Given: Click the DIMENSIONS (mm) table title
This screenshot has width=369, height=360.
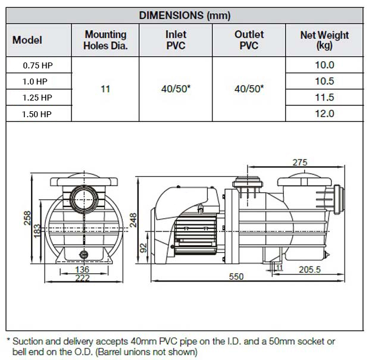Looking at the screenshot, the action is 185,15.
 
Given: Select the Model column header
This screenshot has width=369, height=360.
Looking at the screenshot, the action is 27,40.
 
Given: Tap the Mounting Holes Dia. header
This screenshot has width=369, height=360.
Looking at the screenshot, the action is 105,40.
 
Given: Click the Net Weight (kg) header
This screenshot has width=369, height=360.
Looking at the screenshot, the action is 324,40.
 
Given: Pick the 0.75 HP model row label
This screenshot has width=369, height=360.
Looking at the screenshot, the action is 38,65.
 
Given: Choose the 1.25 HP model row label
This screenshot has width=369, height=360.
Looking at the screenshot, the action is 37,98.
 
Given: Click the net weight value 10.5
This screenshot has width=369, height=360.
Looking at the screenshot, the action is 324,81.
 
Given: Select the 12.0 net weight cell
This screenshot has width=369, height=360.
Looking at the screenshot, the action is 324,114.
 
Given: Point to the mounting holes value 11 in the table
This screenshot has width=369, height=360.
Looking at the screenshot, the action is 105,89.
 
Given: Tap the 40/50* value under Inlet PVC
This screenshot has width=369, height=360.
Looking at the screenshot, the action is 176,89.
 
